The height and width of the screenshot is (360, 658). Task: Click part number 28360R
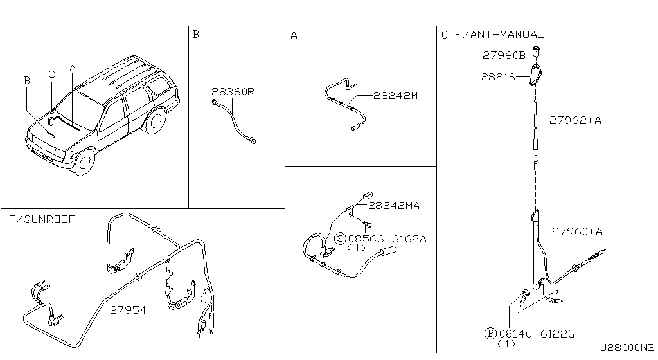[x=233, y=93]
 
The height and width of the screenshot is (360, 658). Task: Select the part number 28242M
[x=396, y=96]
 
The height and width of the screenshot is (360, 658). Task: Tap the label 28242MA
[x=394, y=206]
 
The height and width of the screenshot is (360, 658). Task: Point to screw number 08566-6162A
[x=387, y=239]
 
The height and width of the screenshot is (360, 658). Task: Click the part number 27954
[x=127, y=309]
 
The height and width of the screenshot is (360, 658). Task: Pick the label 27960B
[x=503, y=56]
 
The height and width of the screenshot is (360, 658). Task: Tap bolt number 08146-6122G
[x=537, y=334]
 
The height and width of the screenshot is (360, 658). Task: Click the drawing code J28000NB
[x=627, y=347]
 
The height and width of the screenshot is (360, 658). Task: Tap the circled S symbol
[x=340, y=239]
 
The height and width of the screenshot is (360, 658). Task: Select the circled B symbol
[x=490, y=334]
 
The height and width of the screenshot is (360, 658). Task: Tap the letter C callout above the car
[x=51, y=74]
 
